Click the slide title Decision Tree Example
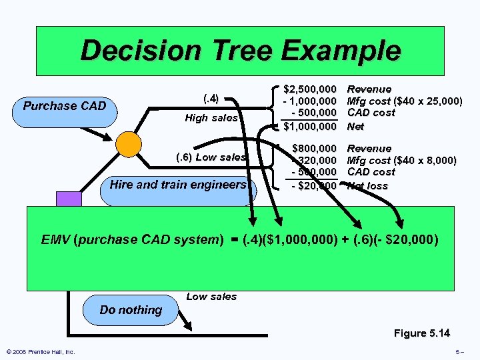[240, 51]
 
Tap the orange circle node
[128, 143]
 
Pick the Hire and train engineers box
[178, 185]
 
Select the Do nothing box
[131, 309]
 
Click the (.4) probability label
[210, 99]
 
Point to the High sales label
[211, 118]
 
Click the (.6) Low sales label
[211, 157]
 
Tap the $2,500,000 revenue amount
[310, 89]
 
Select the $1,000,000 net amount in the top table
[310, 125]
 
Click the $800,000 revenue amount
[314, 148]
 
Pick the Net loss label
[367, 186]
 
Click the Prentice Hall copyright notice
[40, 352]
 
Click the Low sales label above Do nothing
[211, 297]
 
